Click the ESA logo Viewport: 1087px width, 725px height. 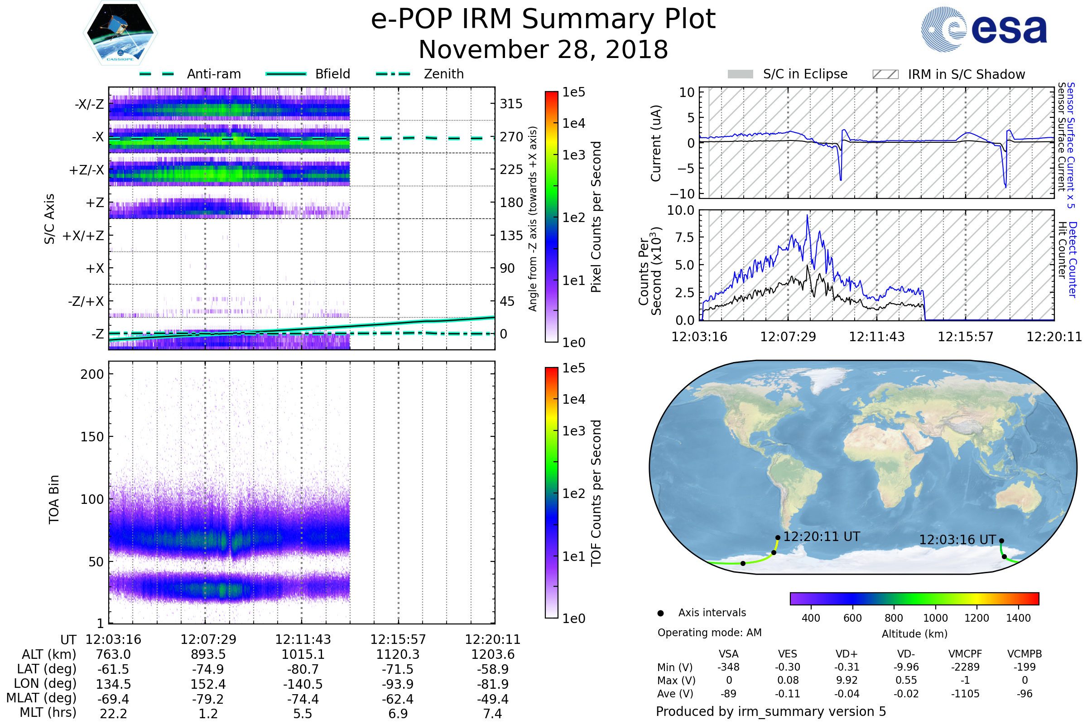(984, 29)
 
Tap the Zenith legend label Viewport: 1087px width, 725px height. (444, 74)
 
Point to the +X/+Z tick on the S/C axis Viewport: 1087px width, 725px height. (83, 236)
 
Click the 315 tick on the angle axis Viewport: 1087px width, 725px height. (511, 104)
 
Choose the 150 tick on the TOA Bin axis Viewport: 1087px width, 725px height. (92, 437)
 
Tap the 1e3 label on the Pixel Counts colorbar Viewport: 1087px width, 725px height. (573, 155)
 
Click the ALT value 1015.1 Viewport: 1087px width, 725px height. (303, 655)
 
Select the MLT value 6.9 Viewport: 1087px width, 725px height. (398, 713)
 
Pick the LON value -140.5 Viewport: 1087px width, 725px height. (303, 684)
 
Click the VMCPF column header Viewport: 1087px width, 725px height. (965, 654)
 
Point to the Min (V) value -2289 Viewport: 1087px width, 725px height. (965, 667)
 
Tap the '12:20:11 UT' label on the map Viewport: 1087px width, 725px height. (822, 536)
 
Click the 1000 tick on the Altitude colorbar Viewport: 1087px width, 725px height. (935, 618)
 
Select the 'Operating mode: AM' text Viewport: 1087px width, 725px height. (709, 633)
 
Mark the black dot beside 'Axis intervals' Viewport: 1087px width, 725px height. (660, 613)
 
